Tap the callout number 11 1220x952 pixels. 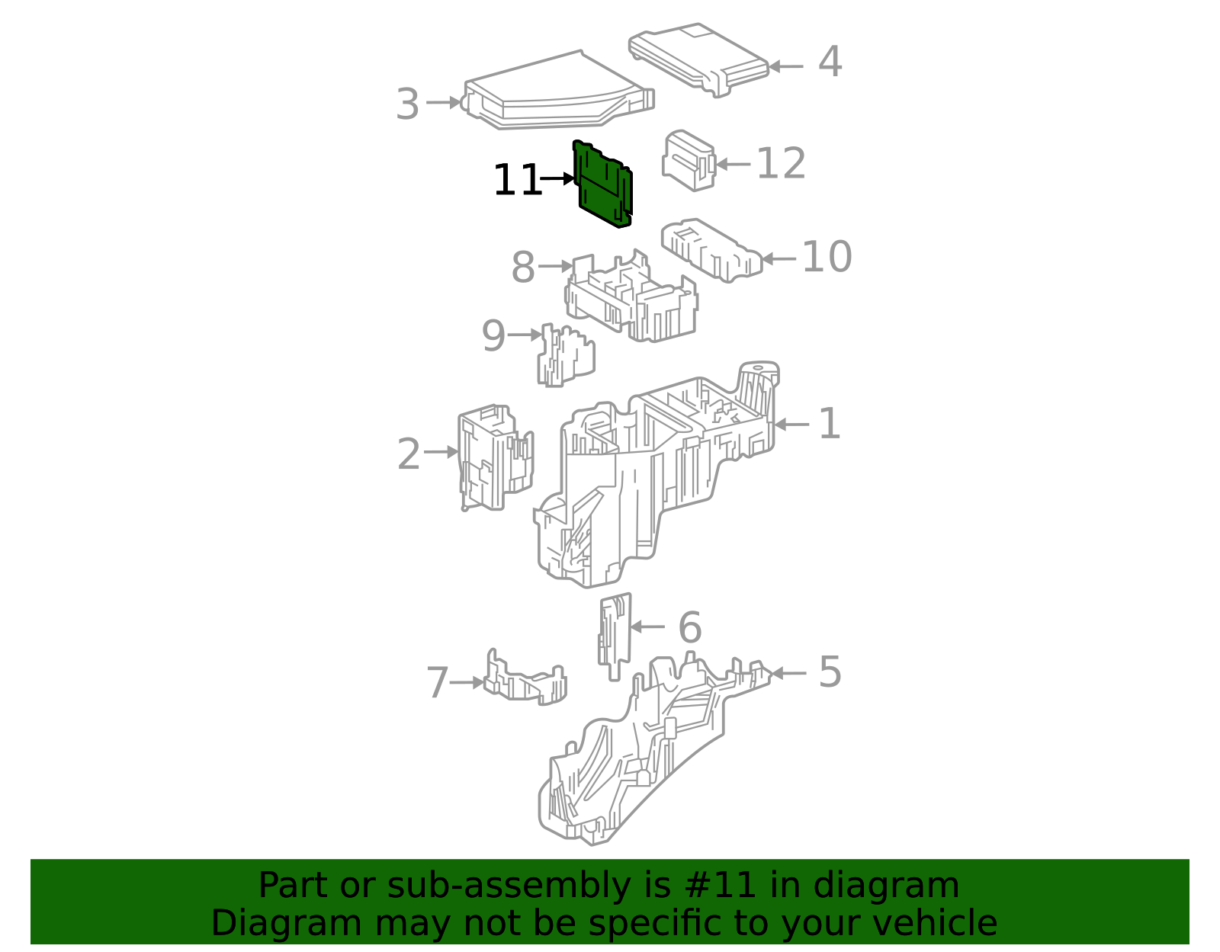coord(517,181)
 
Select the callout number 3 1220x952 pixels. coord(408,104)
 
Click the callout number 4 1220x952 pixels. coord(830,62)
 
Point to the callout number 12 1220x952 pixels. coord(781,164)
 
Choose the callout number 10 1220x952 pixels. coord(827,257)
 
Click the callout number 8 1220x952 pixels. coord(523,268)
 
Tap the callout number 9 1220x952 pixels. coord(493,335)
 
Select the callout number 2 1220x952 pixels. coord(409,454)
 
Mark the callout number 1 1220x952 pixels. coord(830,424)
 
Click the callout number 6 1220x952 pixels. coord(689,628)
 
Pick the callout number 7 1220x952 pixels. coord(438,682)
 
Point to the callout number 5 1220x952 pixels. coord(830,672)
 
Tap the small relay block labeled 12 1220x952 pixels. coord(689,160)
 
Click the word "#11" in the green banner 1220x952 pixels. coord(721,885)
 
